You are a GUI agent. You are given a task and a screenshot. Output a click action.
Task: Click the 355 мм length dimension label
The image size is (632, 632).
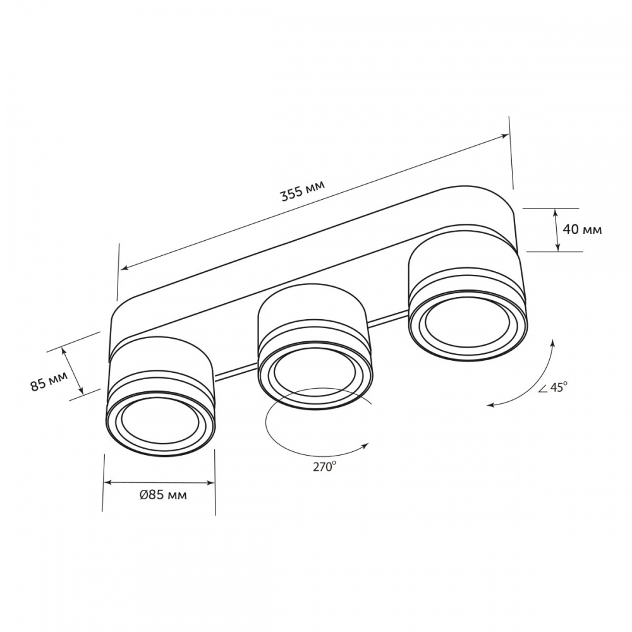click(x=302, y=190)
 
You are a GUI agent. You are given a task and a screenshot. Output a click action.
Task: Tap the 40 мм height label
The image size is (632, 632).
click(x=582, y=230)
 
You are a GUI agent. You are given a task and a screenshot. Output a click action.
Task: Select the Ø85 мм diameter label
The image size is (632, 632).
click(x=163, y=495)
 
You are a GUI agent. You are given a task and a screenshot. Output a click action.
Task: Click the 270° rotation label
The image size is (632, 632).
click(x=324, y=467)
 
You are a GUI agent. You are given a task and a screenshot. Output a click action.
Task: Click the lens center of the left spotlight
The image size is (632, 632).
click(x=160, y=422)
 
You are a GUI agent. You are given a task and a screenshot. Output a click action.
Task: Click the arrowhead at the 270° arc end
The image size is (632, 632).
click(x=365, y=445)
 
